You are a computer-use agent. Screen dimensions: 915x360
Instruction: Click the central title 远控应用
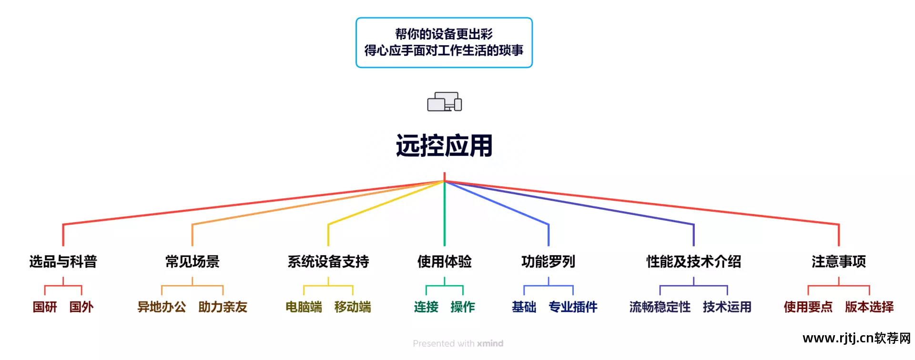click(x=444, y=145)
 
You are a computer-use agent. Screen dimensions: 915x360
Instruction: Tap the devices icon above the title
click(x=444, y=102)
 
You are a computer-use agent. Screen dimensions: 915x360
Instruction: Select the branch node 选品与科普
click(x=63, y=261)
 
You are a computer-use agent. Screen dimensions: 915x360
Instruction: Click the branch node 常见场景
click(x=192, y=261)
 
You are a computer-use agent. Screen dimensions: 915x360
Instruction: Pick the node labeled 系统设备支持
click(x=328, y=261)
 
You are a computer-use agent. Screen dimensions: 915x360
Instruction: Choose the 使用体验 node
click(x=444, y=261)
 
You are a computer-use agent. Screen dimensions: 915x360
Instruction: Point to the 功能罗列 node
click(x=549, y=261)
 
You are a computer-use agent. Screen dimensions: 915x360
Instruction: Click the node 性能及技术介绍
click(x=693, y=261)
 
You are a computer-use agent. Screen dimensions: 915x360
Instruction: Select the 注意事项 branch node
click(x=839, y=261)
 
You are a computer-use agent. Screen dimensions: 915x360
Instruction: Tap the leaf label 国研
click(x=45, y=307)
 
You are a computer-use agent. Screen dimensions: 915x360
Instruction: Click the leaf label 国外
click(x=81, y=307)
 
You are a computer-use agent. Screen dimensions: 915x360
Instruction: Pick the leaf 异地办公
click(x=162, y=307)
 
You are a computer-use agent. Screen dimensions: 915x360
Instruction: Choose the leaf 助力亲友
click(x=223, y=307)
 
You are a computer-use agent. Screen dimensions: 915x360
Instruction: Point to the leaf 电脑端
click(x=304, y=307)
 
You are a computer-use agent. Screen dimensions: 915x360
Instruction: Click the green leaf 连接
click(x=426, y=307)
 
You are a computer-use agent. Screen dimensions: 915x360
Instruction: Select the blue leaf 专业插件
click(x=573, y=307)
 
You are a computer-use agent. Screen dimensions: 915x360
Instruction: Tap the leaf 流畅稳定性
click(x=660, y=307)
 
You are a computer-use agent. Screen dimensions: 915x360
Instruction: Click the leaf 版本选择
click(x=869, y=307)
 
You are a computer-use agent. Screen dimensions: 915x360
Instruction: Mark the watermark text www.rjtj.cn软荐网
click(x=857, y=338)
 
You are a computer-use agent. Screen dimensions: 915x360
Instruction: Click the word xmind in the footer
click(x=490, y=343)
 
